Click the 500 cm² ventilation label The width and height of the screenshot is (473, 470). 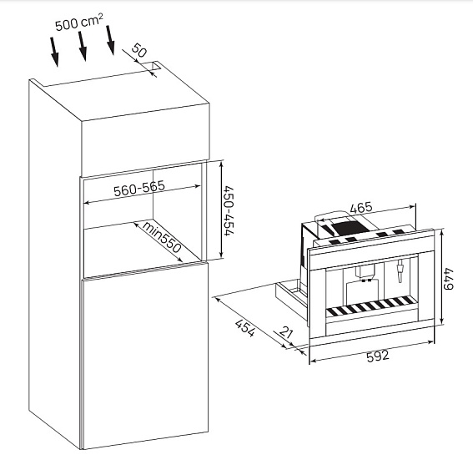79,22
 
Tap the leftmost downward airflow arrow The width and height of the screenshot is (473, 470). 54,52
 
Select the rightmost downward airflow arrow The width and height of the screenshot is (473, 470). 111,40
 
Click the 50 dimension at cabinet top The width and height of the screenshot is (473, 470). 139,50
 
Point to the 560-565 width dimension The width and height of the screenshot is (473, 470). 139,188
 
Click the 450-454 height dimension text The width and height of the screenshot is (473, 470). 229,210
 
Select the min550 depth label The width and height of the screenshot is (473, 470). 161,237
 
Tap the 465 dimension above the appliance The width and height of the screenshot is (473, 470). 361,208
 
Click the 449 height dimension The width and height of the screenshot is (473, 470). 449,278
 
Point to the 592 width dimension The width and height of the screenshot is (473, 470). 378,356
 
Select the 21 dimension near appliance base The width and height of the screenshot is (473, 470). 286,332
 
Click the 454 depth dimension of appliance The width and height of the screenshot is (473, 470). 245,328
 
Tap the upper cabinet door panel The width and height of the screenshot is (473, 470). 146,139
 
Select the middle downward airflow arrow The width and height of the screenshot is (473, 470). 83,46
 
